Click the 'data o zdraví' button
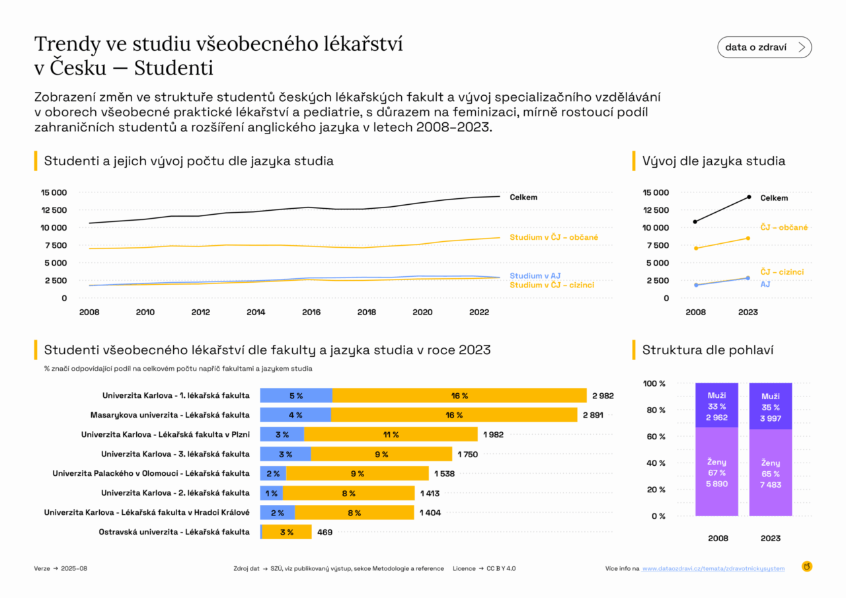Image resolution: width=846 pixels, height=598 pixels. coord(764,48)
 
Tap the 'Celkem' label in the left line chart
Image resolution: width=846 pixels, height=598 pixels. coord(523,198)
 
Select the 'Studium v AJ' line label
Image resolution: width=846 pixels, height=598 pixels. coord(535,276)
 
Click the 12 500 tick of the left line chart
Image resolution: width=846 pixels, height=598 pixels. coord(54,210)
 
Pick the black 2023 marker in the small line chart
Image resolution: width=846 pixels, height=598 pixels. coord(749,197)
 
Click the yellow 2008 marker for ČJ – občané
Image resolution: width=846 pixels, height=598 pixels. coord(695,248)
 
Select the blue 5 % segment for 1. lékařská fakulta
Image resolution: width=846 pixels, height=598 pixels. coord(296,396)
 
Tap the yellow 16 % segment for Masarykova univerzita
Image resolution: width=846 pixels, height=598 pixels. coord(454,415)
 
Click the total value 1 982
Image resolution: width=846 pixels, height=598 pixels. coord(494,434)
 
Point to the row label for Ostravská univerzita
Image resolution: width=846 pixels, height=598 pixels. coord(174,532)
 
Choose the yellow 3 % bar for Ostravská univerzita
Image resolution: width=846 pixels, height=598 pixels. coord(287,532)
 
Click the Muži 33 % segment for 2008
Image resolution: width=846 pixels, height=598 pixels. coord(716,406)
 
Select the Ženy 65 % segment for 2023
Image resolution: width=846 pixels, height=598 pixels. coord(770,473)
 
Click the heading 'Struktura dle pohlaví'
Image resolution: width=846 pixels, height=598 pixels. coord(707,350)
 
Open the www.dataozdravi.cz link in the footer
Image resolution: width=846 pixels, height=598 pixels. coord(713,568)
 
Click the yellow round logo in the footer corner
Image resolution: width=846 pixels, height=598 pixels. coord(807,566)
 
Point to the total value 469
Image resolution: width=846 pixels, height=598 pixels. coord(325,532)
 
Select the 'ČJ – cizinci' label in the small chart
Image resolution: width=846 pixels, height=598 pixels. coord(782,272)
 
